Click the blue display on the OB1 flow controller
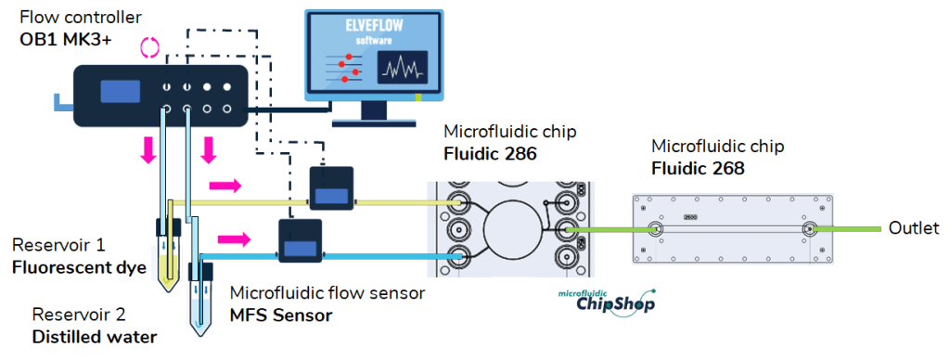click(120, 91)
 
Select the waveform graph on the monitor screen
click(402, 68)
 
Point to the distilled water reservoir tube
click(199, 302)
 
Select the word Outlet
click(914, 228)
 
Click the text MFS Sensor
click(281, 315)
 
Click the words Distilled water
click(93, 336)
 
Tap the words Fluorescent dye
click(80, 267)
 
